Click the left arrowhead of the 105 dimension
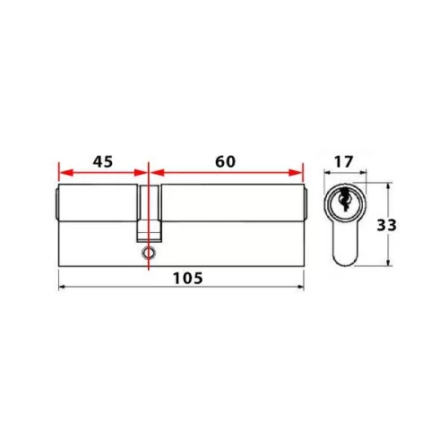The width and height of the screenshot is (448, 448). (62, 288)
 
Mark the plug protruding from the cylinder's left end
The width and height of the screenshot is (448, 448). (56, 205)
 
